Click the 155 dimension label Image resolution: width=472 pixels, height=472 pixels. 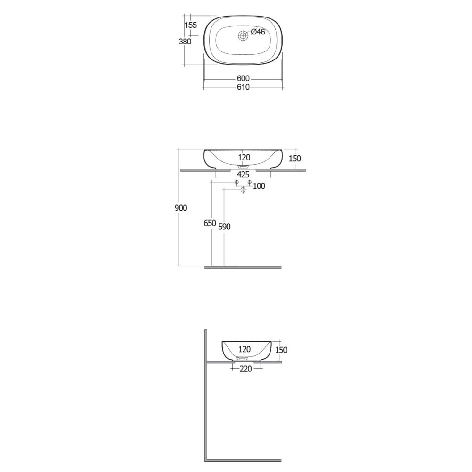pos(191,25)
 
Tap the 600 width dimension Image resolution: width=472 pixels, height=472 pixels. pos(243,78)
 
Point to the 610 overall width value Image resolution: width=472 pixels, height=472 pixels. pos(243,87)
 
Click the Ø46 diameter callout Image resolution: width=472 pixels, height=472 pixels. pos(258,32)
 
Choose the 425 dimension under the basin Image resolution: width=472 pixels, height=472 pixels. pos(243,175)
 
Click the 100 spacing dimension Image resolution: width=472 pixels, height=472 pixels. pos(259,186)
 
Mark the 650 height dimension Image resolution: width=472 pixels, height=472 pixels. pos(210,223)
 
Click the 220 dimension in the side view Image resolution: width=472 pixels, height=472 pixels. pos(245,369)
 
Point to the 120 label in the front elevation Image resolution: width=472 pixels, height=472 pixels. pos(244,158)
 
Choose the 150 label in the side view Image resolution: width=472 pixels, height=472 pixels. pos(281,350)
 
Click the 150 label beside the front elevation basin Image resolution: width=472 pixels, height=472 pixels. pos(294,159)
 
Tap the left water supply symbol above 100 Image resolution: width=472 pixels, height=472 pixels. pos(237,182)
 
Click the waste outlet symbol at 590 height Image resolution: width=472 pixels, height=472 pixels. pos(243,190)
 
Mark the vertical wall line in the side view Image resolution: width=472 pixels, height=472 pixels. pos(206,396)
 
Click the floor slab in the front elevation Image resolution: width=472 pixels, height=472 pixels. pos(243,267)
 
